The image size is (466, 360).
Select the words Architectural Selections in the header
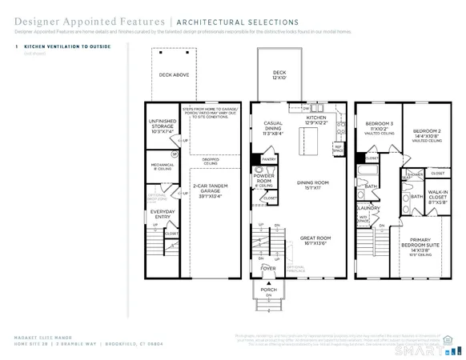pos(238,22)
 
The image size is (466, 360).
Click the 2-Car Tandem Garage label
pos(211,189)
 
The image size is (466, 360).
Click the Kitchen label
pos(319,120)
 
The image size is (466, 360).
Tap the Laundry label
pos(368,207)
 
